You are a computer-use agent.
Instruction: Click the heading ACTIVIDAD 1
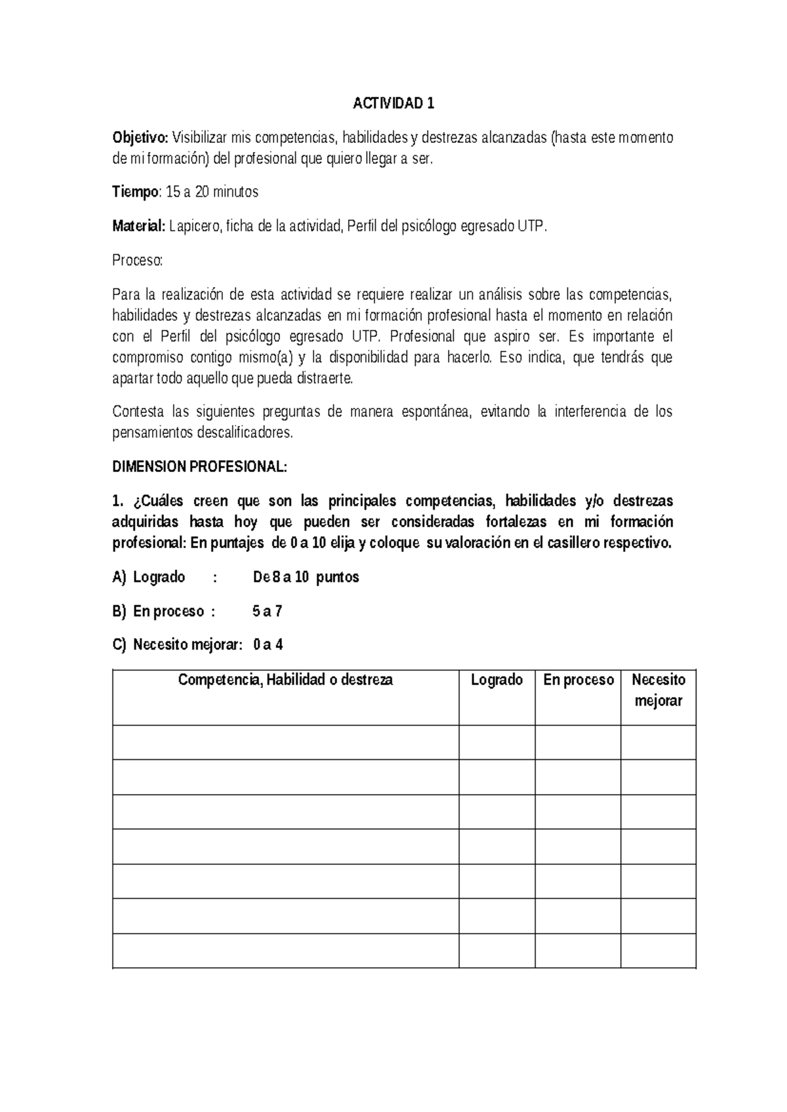pyautogui.click(x=393, y=104)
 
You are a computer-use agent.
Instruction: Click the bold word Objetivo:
pyautogui.click(x=140, y=138)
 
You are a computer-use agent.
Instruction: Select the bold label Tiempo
pyautogui.click(x=135, y=192)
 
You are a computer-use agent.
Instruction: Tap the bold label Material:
pyautogui.click(x=138, y=227)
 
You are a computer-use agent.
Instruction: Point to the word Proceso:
pyautogui.click(x=136, y=261)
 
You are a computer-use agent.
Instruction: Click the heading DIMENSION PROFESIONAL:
pyautogui.click(x=199, y=467)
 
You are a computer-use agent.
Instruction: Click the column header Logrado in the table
pyautogui.click(x=496, y=680)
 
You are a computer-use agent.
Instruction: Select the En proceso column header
pyautogui.click(x=578, y=680)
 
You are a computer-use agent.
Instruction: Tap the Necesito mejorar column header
pyautogui.click(x=658, y=690)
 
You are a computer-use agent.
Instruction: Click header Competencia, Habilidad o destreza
pyautogui.click(x=285, y=680)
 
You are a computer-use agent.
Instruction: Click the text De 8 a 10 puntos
pyautogui.click(x=306, y=578)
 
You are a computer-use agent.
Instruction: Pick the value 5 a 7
pyautogui.click(x=267, y=612)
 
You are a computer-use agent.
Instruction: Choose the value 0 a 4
pyautogui.click(x=268, y=645)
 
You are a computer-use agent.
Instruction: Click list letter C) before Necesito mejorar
pyautogui.click(x=119, y=645)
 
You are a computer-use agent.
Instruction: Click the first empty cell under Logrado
pyautogui.click(x=496, y=742)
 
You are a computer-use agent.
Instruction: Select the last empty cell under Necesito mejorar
pyautogui.click(x=658, y=951)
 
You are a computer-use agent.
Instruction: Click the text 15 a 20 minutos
pyautogui.click(x=212, y=192)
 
